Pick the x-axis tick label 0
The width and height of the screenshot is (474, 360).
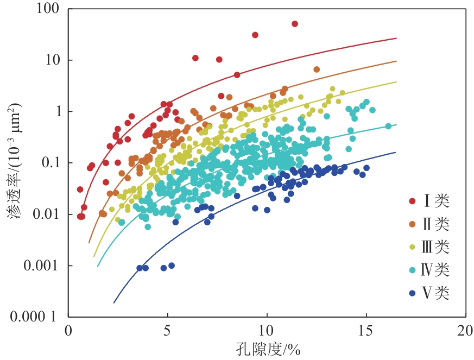68,330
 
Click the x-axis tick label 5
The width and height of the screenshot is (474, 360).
167,330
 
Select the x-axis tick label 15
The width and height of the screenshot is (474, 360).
366,330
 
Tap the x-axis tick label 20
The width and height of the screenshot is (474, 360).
465,330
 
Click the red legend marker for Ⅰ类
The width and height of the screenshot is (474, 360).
413,201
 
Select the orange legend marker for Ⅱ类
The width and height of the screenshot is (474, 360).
413,224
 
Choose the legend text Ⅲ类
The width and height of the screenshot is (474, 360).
437,248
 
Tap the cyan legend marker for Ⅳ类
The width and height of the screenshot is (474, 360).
413,270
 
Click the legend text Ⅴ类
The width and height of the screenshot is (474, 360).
437,294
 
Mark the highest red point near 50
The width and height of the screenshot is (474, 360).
295,24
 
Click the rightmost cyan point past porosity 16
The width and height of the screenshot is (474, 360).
388,126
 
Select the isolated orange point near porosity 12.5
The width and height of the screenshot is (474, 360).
317,70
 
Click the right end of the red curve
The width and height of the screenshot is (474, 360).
396,39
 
